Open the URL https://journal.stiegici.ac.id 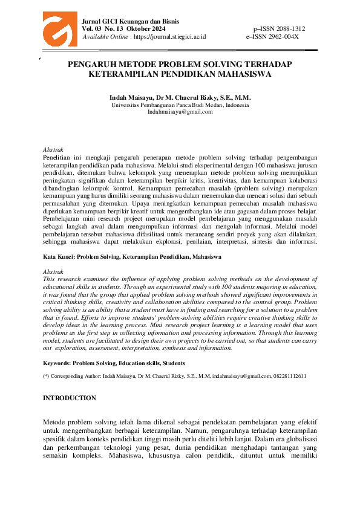[169, 36]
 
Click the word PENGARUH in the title [94, 65]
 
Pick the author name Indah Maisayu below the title [130, 98]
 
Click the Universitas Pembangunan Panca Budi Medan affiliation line [180, 105]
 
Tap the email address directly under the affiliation [180, 112]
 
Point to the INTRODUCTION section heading [70, 398]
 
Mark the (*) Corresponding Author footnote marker [46, 376]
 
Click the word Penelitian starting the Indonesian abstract [57, 156]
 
